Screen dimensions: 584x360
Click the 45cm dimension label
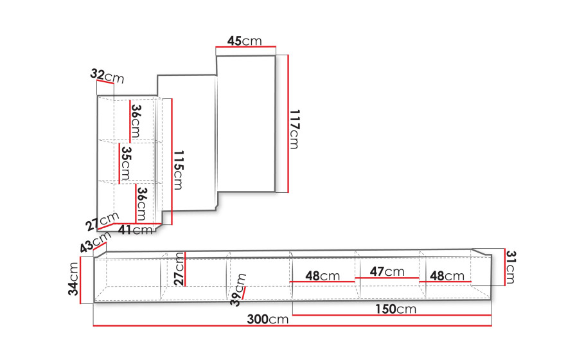[244, 40]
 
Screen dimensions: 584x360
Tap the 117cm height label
[294, 129]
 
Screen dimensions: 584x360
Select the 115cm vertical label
[178, 170]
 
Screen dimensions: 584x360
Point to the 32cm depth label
[107, 76]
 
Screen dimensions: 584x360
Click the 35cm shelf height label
[126, 163]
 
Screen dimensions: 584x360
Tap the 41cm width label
[136, 230]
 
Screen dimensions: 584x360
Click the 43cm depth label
[95, 242]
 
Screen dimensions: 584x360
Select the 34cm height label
[73, 279]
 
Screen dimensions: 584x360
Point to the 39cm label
[238, 289]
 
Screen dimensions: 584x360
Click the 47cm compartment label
[387, 271]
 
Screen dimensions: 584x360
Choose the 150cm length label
[396, 309]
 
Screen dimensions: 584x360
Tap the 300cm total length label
[268, 319]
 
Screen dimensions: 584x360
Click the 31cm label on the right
[511, 267]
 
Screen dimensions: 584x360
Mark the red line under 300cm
[292, 326]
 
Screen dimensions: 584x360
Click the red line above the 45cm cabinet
[246, 47]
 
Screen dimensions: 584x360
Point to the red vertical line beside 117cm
[288, 123]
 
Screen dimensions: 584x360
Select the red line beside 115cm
[172, 162]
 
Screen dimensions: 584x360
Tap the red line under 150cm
[392, 315]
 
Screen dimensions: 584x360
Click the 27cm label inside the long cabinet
[179, 269]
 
